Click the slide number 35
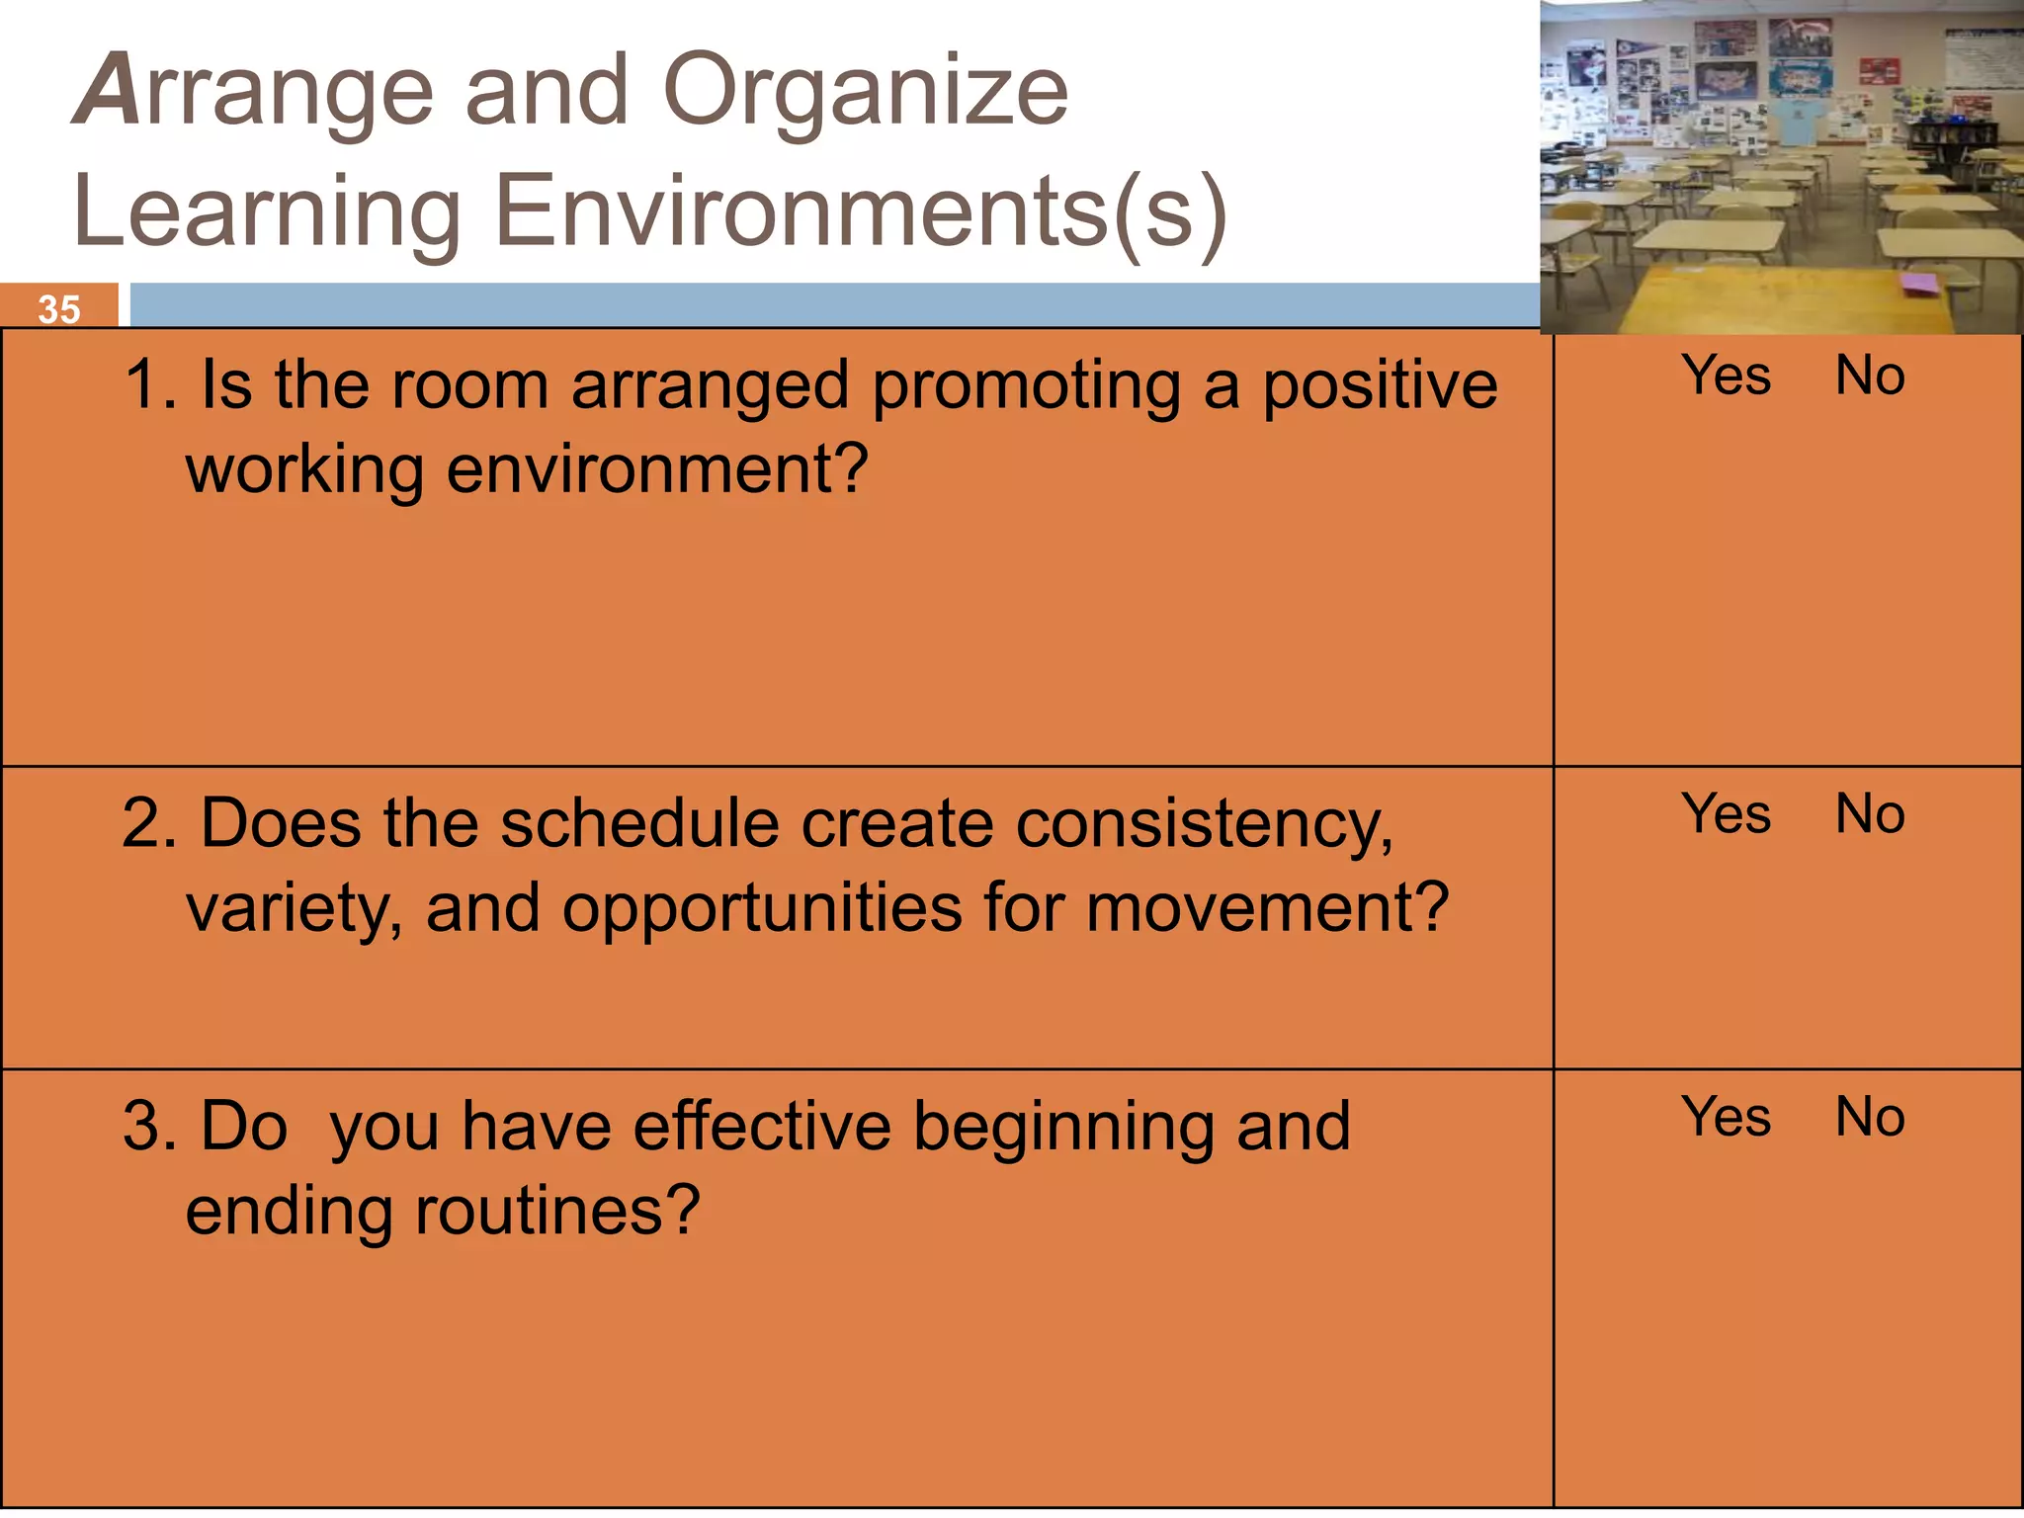[x=58, y=309]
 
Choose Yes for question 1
[x=1726, y=377]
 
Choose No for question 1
[x=1869, y=377]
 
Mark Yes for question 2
[x=1726, y=815]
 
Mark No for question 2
[x=1869, y=815]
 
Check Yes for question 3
[x=1726, y=1118]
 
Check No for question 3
[x=1869, y=1118]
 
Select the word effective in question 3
[x=762, y=1127]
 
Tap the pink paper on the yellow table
[x=1919, y=285]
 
